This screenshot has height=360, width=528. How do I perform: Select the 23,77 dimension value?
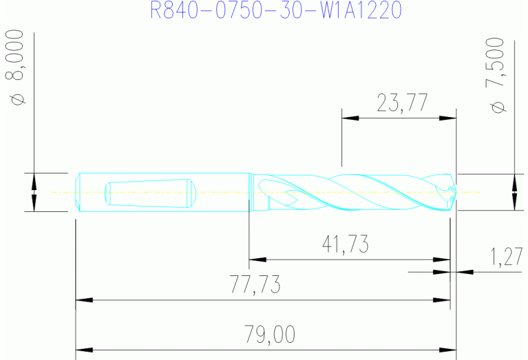coord(403,103)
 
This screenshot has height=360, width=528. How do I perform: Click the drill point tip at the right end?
coord(454,192)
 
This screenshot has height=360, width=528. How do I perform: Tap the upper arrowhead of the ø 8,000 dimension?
coord(33,181)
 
